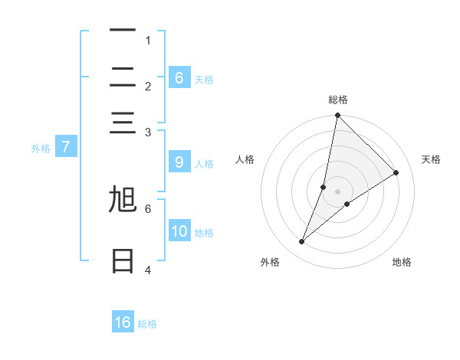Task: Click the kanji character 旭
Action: pos(123,201)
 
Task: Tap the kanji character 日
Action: pos(123,261)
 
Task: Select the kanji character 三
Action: pos(123,123)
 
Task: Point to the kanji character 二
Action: pos(123,77)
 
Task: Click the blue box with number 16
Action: pos(123,322)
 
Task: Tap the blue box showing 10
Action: pos(179,231)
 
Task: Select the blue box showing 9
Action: pos(179,162)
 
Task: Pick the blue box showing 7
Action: pos(66,147)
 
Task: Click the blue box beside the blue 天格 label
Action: pos(179,77)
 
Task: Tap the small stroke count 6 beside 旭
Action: pos(148,208)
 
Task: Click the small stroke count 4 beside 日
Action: pos(148,270)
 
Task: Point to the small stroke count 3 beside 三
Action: pos(148,133)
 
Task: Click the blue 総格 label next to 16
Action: pos(148,324)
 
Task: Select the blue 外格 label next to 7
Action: pos(41,149)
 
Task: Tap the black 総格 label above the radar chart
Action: pos(338,100)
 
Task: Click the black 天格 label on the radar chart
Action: pos(431,159)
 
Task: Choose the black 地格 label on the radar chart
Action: pos(402,262)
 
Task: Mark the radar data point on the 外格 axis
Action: pos(302,242)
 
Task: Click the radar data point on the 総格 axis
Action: pos(337,116)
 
